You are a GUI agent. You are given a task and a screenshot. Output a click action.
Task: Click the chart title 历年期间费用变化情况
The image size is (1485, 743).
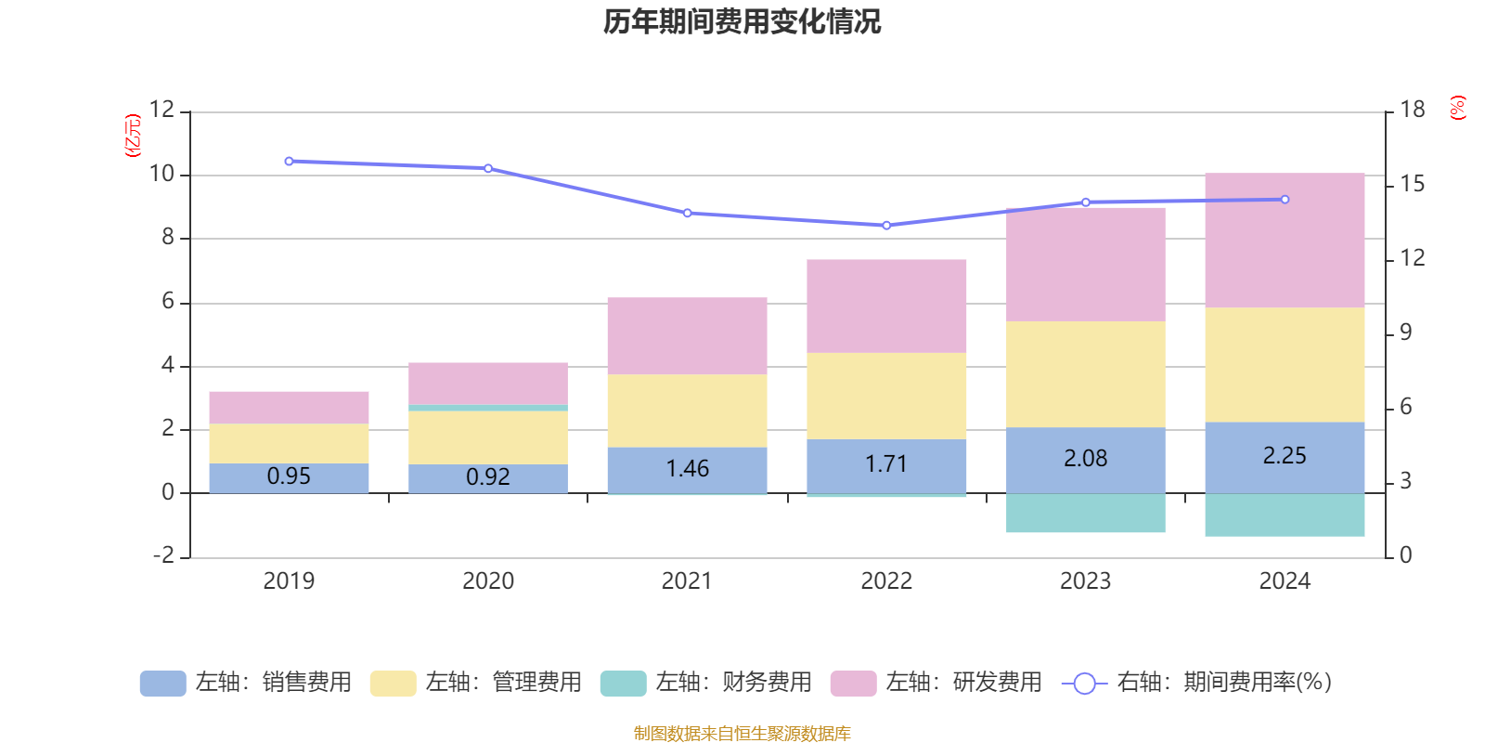[x=742, y=21]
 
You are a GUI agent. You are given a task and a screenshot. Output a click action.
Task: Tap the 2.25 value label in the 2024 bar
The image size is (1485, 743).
[x=1285, y=456]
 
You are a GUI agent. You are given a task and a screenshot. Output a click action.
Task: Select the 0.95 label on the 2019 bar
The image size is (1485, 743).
[x=289, y=476]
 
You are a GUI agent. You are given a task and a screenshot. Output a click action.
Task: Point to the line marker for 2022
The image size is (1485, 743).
[x=886, y=226]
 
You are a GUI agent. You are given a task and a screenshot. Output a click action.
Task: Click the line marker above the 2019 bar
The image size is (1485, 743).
[x=289, y=162]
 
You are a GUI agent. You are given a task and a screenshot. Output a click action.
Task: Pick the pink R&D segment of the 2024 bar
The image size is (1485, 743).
[x=1285, y=240]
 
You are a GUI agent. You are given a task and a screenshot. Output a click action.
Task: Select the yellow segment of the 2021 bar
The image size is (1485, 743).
[x=687, y=411]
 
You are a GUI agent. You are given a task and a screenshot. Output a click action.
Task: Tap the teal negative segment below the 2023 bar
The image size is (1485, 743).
[x=1085, y=513]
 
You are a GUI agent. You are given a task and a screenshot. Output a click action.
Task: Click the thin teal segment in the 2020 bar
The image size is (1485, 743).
[x=488, y=408]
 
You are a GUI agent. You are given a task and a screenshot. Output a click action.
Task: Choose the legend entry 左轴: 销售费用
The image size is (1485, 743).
[x=246, y=683]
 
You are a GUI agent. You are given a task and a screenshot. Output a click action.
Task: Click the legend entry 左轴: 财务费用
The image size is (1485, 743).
[x=706, y=683]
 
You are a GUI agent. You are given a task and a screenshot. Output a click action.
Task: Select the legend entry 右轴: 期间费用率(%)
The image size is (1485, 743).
[x=1196, y=683]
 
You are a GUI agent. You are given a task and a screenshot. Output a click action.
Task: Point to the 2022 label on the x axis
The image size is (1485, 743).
[x=886, y=581]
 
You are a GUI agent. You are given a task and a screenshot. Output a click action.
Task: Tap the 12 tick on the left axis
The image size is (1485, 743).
[x=161, y=110]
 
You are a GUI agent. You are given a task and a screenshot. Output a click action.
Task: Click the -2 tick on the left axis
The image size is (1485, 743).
[x=164, y=555]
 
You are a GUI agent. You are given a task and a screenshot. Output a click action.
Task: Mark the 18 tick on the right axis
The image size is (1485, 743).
[x=1412, y=110]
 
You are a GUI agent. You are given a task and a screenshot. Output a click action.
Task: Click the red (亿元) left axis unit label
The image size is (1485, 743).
[x=133, y=136]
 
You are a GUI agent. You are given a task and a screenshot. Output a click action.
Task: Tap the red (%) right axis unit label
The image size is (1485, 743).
[x=1458, y=108]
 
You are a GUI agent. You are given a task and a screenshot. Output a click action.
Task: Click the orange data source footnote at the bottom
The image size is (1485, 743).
[x=742, y=734]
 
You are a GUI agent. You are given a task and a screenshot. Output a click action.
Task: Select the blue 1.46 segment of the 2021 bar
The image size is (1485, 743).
[x=687, y=469]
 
